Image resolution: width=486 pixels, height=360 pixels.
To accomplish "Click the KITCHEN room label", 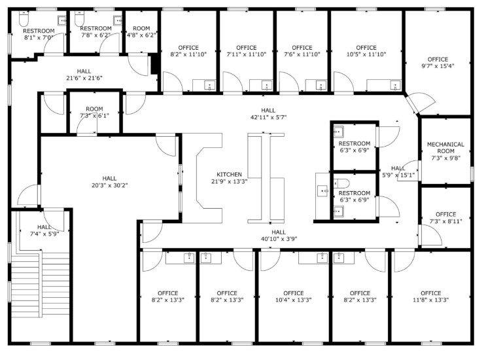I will [230, 174].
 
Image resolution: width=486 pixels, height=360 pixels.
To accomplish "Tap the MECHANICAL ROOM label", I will [445, 148].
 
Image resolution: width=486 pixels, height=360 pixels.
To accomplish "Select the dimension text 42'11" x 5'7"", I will [269, 117].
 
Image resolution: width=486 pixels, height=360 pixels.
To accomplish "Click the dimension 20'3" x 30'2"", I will [109, 185].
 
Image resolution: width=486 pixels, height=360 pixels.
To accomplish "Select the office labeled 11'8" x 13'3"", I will [430, 297].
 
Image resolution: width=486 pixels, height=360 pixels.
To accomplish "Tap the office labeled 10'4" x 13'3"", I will [293, 297].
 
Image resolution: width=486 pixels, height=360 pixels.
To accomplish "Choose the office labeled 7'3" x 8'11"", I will [445, 217].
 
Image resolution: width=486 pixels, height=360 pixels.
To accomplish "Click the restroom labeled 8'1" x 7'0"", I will [38, 34].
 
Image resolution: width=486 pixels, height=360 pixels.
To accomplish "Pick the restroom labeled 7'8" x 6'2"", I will [95, 32].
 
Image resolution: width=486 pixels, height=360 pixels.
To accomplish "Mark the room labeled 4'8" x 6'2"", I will [141, 32].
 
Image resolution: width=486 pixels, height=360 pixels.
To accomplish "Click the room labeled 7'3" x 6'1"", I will [94, 112].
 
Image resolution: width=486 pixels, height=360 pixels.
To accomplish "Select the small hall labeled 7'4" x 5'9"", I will [44, 230].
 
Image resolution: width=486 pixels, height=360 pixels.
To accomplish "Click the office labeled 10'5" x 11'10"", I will [366, 50].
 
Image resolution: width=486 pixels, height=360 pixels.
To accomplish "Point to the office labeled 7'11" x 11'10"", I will [246, 50].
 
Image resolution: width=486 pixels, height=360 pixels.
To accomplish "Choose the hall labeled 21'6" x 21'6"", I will [84, 74].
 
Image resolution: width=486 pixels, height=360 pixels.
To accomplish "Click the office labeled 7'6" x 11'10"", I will [302, 50].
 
